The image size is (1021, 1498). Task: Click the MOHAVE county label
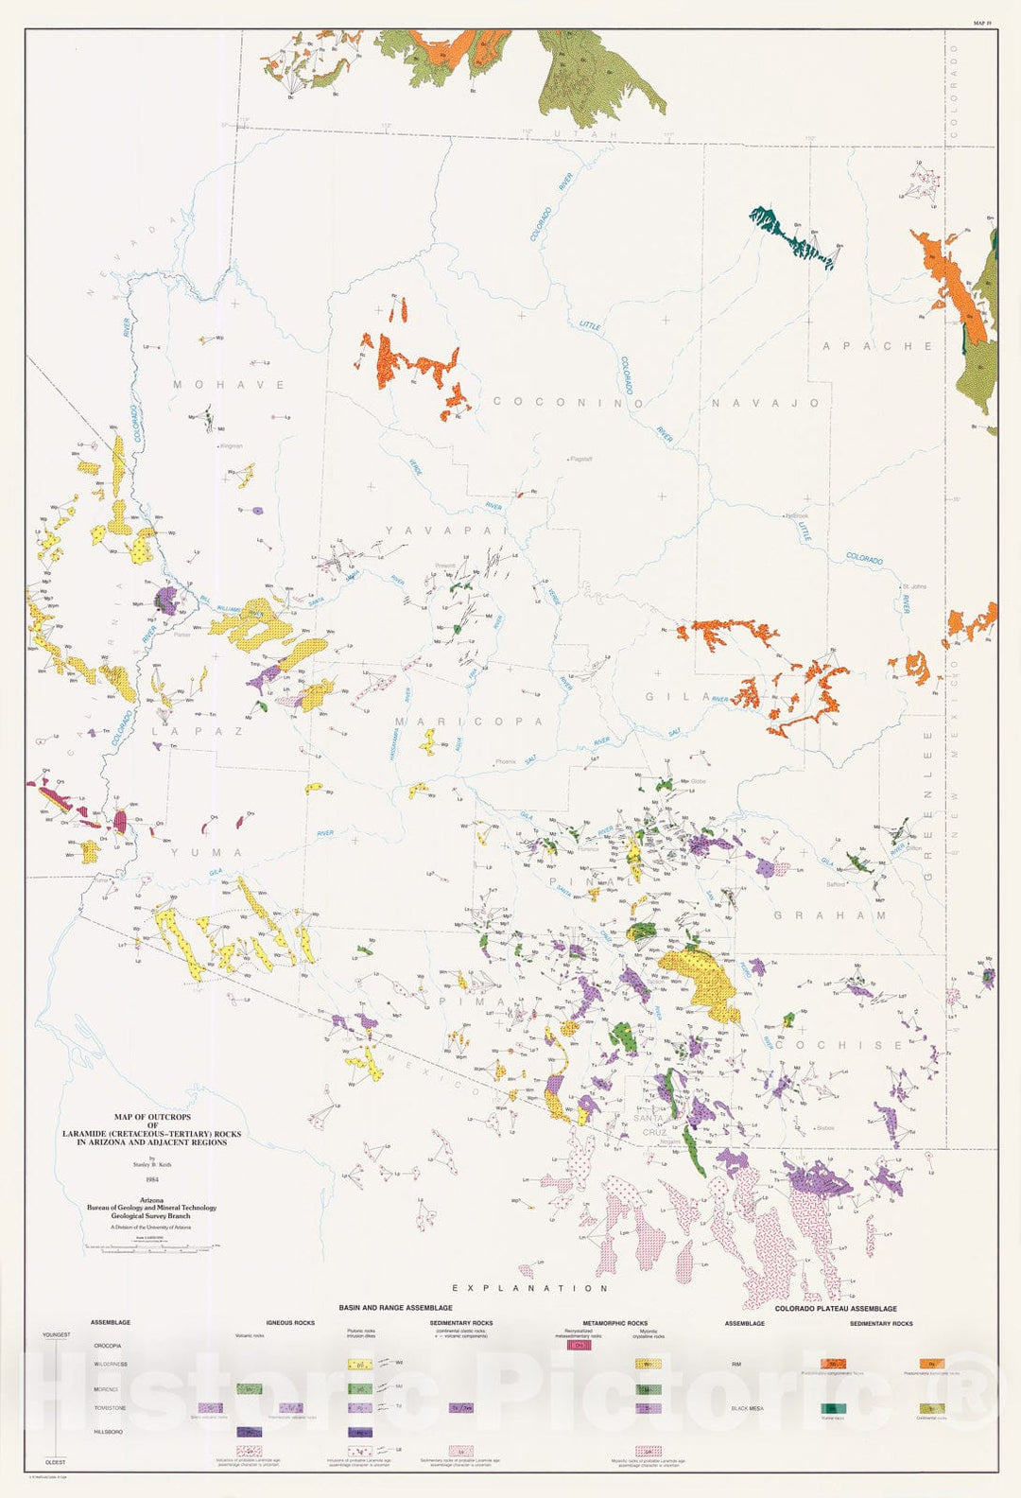coord(229,385)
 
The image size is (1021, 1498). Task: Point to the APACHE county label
coord(877,346)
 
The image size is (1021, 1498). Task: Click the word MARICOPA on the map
coord(469,722)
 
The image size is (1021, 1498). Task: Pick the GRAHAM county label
coord(830,915)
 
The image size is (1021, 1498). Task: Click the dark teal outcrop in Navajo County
coord(792,235)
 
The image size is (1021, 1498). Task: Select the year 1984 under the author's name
coord(151,1179)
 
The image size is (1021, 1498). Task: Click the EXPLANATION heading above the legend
coord(529,1288)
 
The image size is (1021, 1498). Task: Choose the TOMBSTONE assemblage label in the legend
coord(111,1408)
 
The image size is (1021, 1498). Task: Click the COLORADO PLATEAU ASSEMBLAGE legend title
coord(836,1309)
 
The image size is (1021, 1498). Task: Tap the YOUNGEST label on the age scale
coord(57,1334)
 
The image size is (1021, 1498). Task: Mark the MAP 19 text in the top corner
coord(982,22)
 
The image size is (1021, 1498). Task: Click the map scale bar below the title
coord(151,1248)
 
